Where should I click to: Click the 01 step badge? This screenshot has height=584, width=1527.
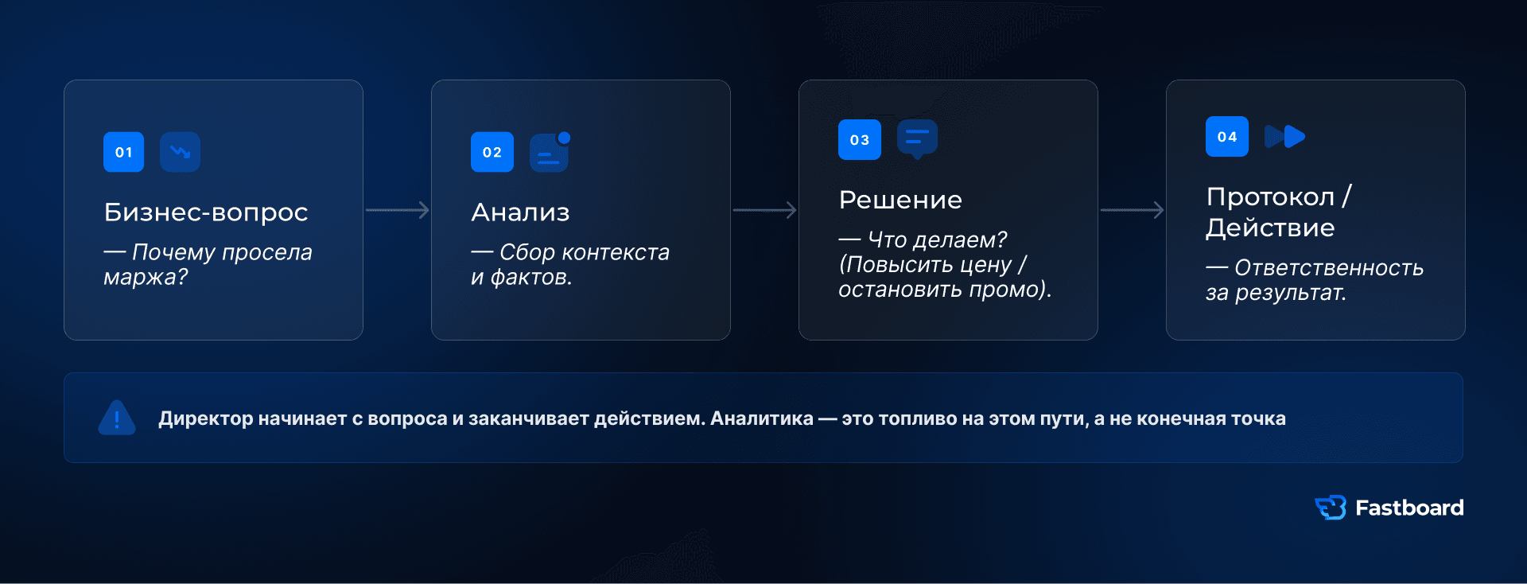coord(123,152)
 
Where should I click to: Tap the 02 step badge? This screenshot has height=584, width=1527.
coord(492,152)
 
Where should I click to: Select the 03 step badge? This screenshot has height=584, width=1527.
coord(859,139)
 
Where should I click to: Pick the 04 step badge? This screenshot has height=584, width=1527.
coord(1226,136)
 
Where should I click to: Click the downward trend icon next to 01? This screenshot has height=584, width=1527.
coord(180,152)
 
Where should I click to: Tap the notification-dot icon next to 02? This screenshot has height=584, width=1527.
coord(550,151)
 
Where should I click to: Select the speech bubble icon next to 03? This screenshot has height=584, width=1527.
coord(917,138)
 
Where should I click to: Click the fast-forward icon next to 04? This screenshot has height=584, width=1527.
coord(1284,136)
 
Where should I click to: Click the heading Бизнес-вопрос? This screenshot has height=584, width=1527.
coord(206,212)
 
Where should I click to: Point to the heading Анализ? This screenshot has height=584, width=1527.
coord(520,212)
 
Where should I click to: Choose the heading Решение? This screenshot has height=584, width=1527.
coord(900,199)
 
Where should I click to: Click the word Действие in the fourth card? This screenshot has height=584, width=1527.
coord(1270,228)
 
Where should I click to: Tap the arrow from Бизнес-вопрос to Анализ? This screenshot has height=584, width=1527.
coord(398,210)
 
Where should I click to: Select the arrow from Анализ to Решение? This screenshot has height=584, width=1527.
coord(765,210)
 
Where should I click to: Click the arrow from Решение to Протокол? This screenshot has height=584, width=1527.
coord(1133,210)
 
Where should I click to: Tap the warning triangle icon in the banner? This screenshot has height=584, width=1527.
coord(117,418)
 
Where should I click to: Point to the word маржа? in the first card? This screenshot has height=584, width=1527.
coord(146,278)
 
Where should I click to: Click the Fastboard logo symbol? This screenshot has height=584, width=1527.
coord(1331,508)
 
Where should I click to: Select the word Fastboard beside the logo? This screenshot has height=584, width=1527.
coord(1409,508)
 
